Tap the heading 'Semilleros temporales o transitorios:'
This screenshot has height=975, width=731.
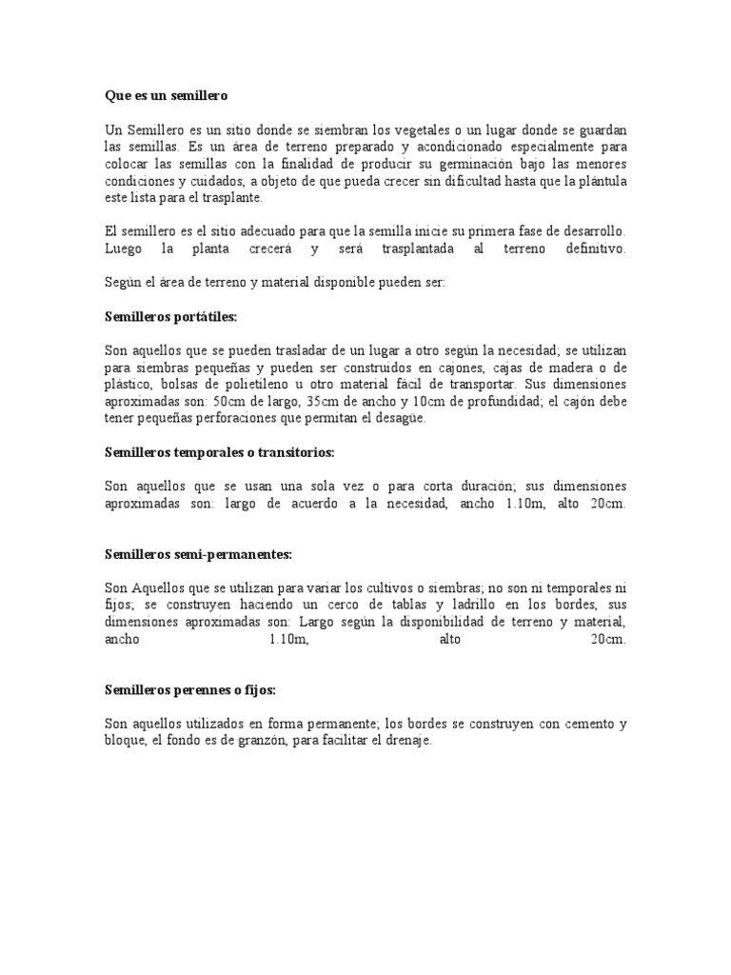pyautogui.click(x=220, y=452)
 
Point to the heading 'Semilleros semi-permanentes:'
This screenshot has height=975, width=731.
pyautogui.click(x=197, y=553)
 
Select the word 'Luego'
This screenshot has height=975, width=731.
pyautogui.click(x=121, y=249)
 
